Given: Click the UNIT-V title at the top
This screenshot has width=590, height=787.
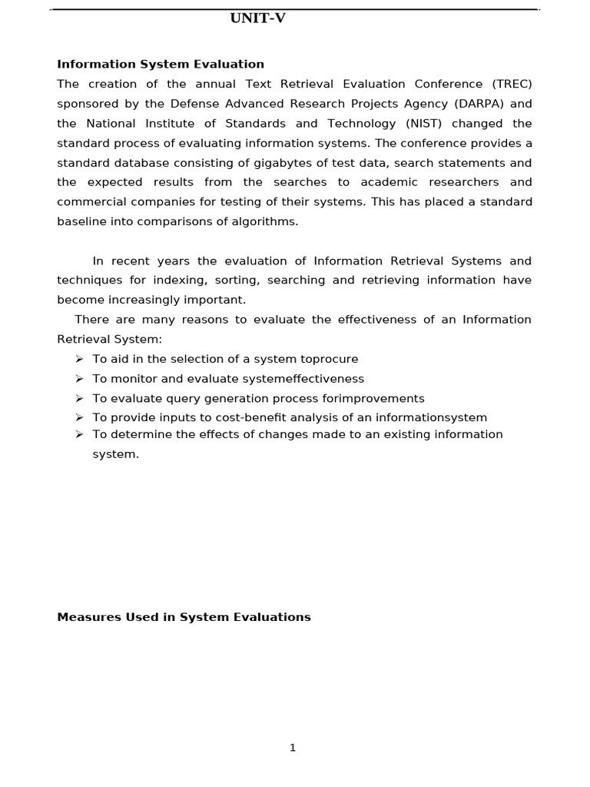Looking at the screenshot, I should [257, 18].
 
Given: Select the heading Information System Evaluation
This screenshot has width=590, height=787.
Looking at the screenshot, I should [161, 65].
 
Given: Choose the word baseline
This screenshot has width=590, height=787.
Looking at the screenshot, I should [81, 222].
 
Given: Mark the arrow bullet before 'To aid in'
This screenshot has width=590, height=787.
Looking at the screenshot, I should [78, 359].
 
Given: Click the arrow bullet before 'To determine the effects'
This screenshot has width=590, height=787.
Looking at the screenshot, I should [78, 434].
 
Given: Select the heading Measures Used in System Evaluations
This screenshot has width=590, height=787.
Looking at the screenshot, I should [184, 617].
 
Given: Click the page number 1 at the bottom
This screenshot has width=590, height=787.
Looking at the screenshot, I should [293, 748].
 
